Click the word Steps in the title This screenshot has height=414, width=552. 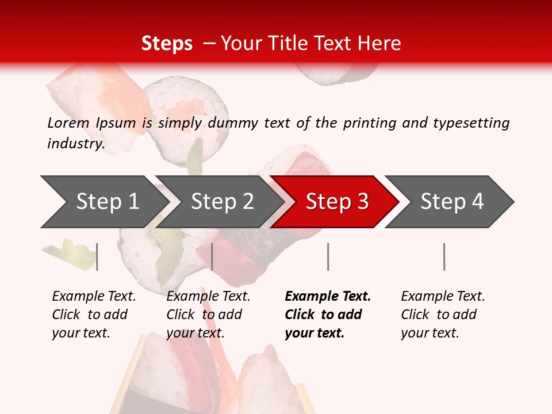click(167, 44)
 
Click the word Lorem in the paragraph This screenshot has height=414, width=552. click(67, 122)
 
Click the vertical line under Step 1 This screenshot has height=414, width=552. click(97, 256)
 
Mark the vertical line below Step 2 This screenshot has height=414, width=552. click(212, 256)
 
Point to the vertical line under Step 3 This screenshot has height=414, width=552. click(328, 256)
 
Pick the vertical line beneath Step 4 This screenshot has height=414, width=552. click(444, 256)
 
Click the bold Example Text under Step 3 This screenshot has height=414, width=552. click(328, 296)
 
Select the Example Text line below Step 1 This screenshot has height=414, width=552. click(94, 296)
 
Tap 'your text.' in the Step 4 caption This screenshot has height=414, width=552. click(430, 333)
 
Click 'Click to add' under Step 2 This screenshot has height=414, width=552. click(204, 315)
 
